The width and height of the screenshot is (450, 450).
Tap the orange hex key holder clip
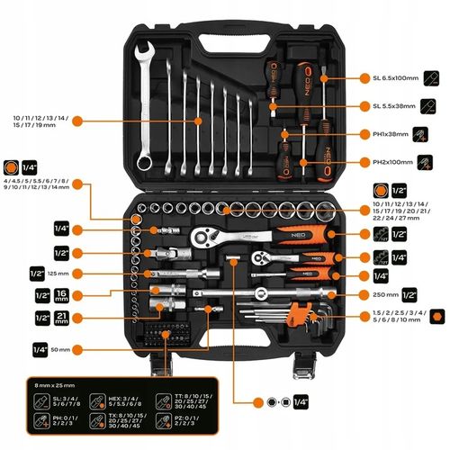pyautogui.click(x=291, y=313)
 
